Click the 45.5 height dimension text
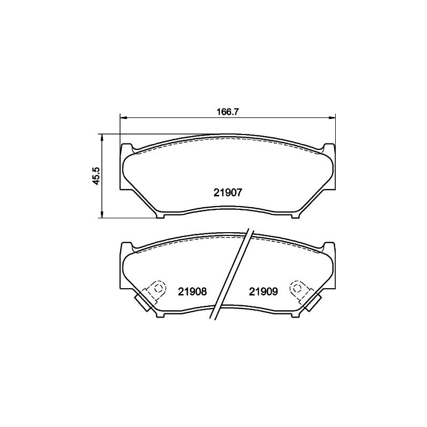coord(97,176)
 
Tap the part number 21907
coord(228,193)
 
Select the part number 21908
coord(193,291)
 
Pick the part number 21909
coord(263,291)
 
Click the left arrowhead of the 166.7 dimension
coord(123,117)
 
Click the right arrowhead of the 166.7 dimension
coord(332,117)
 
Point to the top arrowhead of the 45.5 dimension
coord(102,137)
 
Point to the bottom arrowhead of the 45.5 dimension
coord(102,215)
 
